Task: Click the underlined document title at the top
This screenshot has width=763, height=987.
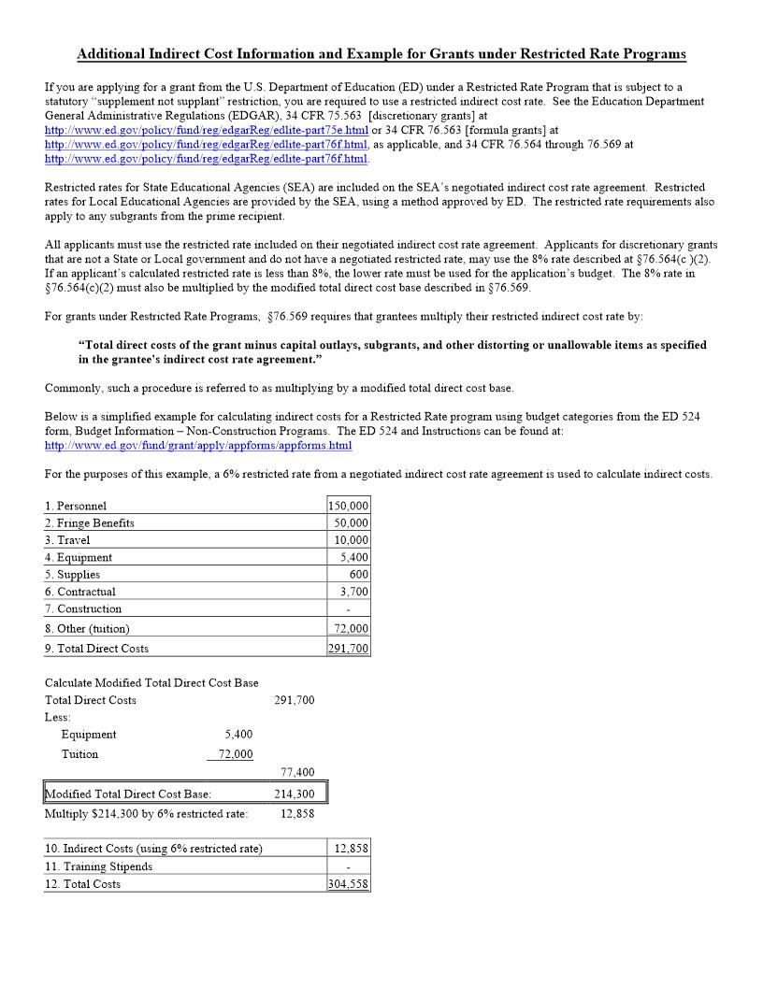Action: tap(381, 54)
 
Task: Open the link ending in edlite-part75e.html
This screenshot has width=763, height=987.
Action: tap(207, 130)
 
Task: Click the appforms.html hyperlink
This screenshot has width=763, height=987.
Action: tap(197, 446)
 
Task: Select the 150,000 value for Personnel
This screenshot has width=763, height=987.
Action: tap(349, 506)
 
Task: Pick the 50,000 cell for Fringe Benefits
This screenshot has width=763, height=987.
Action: tap(352, 523)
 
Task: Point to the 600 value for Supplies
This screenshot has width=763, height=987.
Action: tap(359, 575)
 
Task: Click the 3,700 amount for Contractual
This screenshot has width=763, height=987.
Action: tap(354, 592)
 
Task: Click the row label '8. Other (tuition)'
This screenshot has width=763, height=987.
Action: tap(87, 629)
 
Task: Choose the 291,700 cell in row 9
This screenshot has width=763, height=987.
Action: tap(349, 649)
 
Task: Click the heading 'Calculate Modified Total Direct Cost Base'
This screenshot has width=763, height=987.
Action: tap(151, 683)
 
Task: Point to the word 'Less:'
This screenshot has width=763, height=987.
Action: tap(58, 717)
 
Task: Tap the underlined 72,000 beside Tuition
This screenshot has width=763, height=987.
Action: tap(235, 754)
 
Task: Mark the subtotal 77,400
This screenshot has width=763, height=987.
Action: tap(297, 772)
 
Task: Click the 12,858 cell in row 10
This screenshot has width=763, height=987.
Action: tap(352, 849)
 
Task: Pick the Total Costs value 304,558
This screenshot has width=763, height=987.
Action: tap(349, 884)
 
